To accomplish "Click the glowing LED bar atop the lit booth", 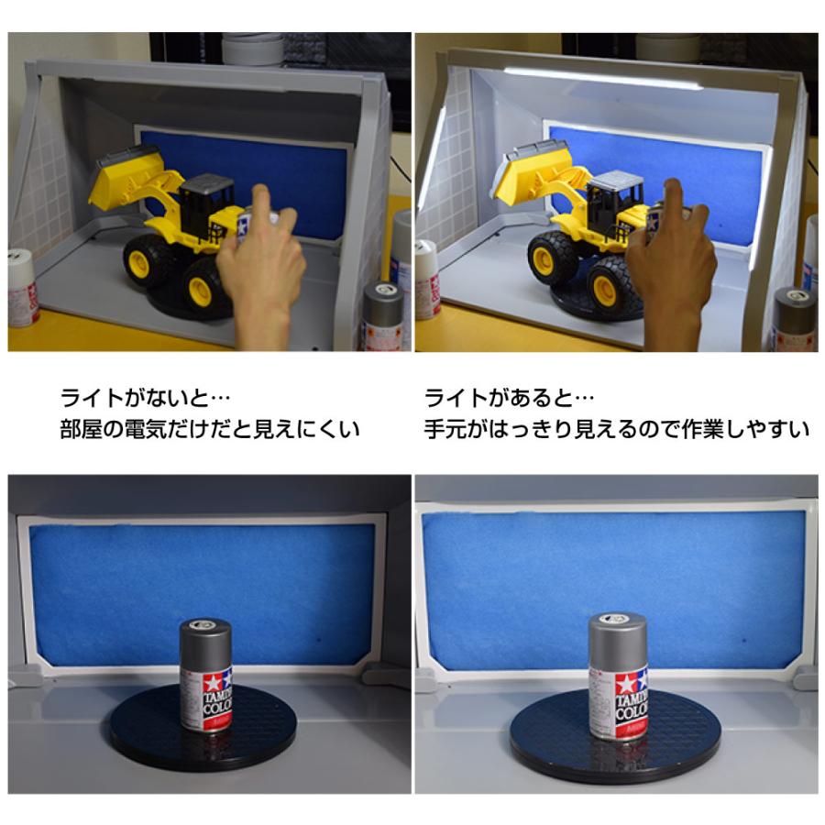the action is pos(603,76).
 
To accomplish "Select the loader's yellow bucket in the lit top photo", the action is pos(532,172).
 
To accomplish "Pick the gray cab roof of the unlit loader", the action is pos(207,183).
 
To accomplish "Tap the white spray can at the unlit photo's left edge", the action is pos(22,289).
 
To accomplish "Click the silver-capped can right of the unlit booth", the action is pos(383,314).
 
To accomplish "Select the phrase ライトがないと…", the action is pos(145,398).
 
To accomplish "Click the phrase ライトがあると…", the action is pos(509,398).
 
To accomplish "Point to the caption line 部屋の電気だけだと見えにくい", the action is pos(210,429).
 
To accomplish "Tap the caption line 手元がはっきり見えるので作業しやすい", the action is pos(617,429).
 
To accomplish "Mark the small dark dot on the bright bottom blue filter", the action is pos(744,641).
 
